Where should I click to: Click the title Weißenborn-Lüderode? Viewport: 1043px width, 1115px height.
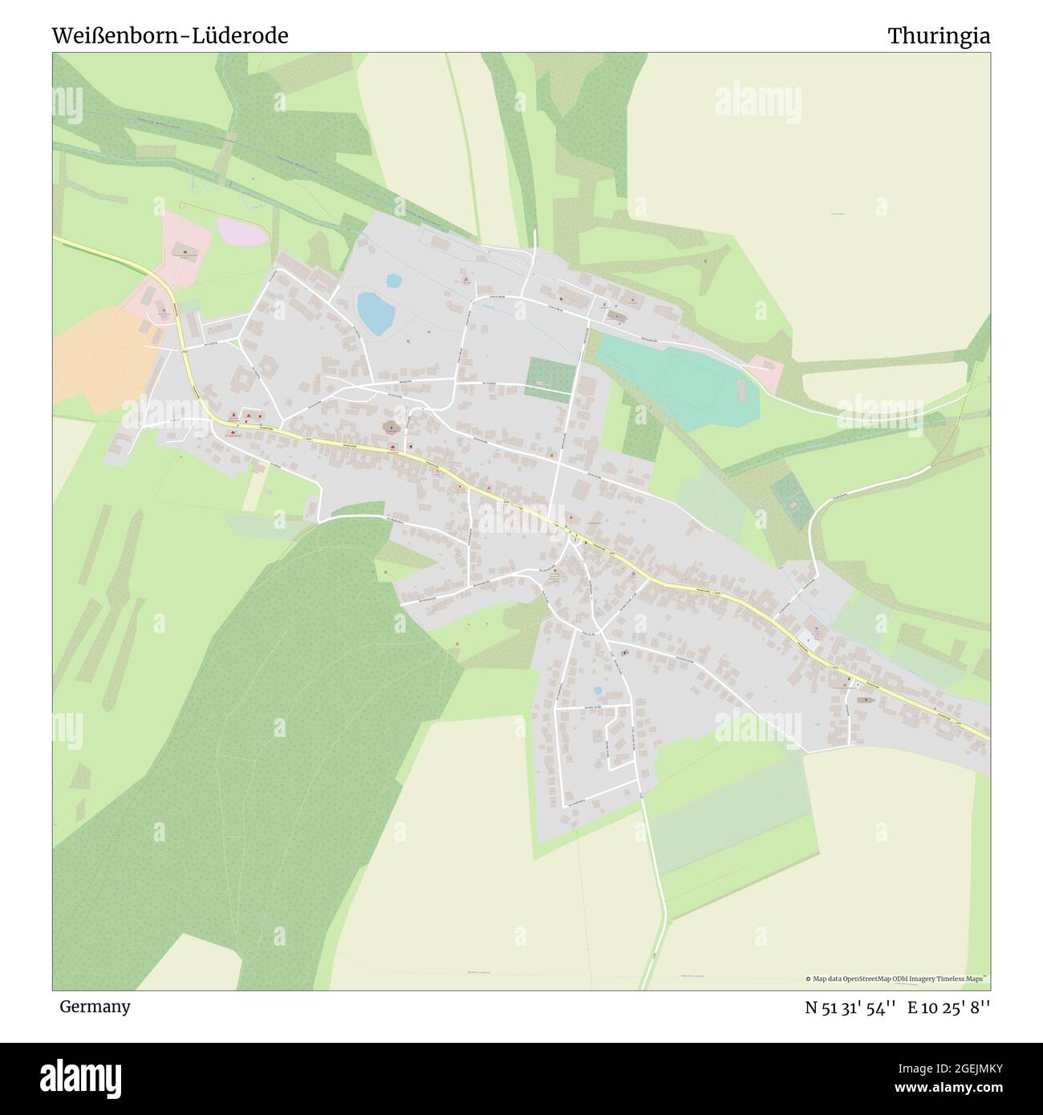pyautogui.click(x=170, y=36)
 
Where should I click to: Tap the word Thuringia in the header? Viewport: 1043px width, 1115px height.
pyautogui.click(x=938, y=36)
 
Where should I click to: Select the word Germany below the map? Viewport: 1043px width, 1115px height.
pyautogui.click(x=95, y=1006)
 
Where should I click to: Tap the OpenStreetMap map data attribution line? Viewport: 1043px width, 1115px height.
pyautogui.click(x=897, y=979)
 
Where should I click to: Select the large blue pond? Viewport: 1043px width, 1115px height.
pyautogui.click(x=375, y=314)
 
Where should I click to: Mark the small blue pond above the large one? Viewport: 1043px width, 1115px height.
pyautogui.click(x=393, y=281)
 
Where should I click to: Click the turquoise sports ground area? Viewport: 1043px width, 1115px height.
pyautogui.click(x=678, y=381)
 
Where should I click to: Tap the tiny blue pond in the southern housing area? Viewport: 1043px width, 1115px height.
pyautogui.click(x=596, y=690)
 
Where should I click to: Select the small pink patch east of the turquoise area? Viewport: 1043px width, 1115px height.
pyautogui.click(x=766, y=374)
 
